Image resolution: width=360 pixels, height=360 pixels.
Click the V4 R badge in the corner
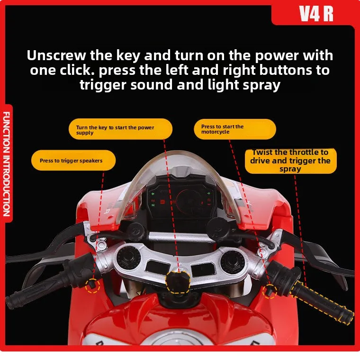coord(316,14)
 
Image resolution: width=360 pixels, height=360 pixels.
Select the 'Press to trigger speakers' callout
coord(73,161)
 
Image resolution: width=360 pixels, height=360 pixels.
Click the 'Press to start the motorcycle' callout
coord(234,129)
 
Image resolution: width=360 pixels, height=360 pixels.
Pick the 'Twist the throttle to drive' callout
coord(290,161)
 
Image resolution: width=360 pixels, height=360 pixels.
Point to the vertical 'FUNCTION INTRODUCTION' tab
coord(7,163)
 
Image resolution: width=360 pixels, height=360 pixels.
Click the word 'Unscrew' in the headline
coord(57,55)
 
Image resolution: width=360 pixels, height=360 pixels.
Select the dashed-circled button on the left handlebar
coord(92,284)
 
